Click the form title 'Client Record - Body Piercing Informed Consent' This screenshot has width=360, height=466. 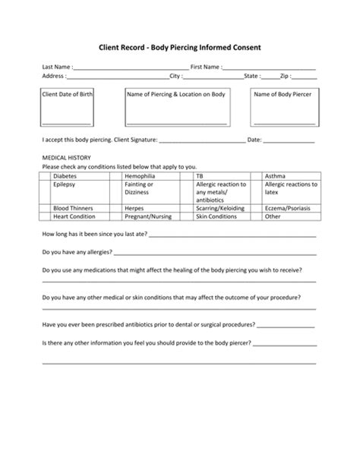[180, 47]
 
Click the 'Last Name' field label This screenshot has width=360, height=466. [57, 68]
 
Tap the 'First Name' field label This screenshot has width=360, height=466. [205, 68]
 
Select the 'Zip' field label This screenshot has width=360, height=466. [286, 76]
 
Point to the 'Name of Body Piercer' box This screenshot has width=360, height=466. [282, 107]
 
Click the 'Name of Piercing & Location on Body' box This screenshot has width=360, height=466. [176, 107]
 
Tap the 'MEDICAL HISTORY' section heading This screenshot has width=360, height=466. [67, 158]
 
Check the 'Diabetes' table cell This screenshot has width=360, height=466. [65, 175]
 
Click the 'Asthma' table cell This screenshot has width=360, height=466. [275, 175]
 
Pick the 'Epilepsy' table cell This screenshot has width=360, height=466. [65, 184]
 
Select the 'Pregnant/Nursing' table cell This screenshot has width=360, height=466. [148, 216]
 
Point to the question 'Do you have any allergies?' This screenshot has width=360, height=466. [77, 251]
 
